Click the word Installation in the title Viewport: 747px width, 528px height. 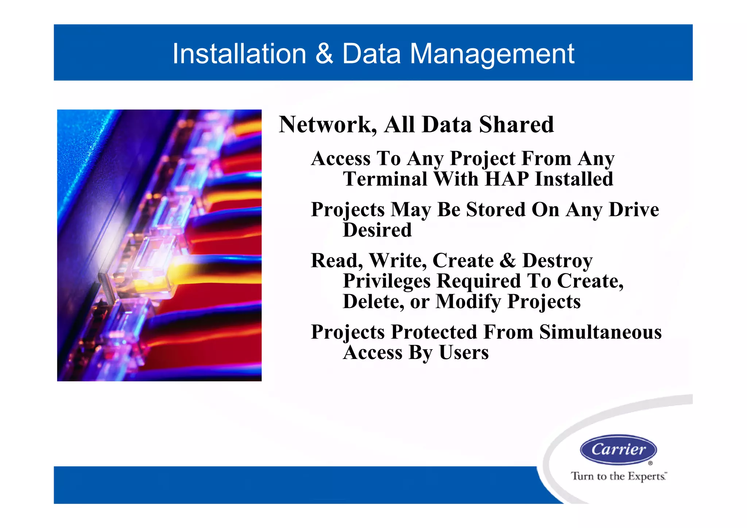pyautogui.click(x=239, y=54)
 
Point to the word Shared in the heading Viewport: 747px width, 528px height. pyautogui.click(x=516, y=125)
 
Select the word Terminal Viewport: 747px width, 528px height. pyautogui.click(x=385, y=179)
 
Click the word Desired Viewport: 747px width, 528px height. pyautogui.click(x=377, y=230)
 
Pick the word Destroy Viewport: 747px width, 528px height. pyautogui.click(x=557, y=261)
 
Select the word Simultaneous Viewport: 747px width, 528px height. pyautogui.click(x=600, y=332)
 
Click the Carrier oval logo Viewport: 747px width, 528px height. pyautogui.click(x=618, y=450)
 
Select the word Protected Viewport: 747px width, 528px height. pyautogui.click(x=434, y=332)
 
